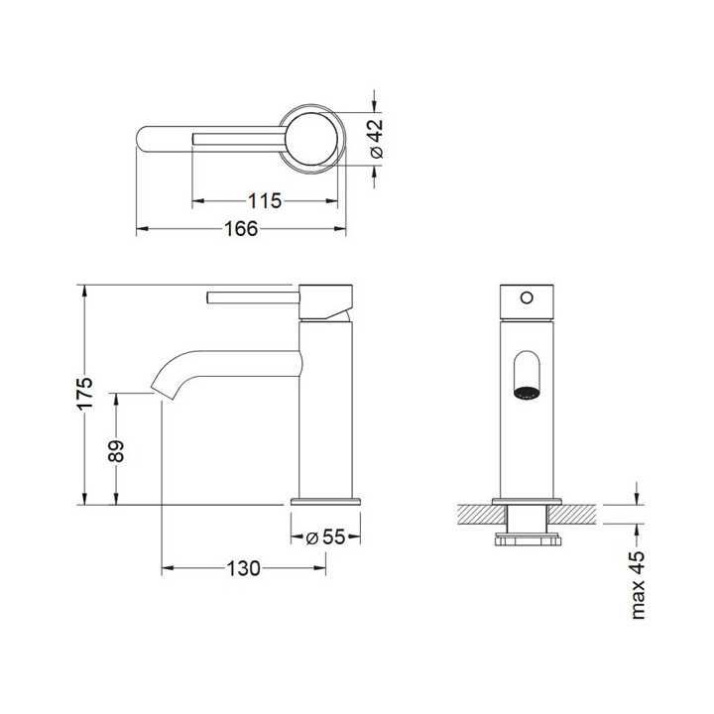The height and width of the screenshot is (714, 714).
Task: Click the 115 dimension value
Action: point(265,200)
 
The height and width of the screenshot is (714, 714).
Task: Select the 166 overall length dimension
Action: point(241,229)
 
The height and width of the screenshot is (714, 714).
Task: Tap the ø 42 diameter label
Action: point(377,139)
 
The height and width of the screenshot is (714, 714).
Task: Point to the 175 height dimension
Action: point(84,394)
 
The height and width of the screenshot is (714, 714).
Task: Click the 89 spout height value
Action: point(117,451)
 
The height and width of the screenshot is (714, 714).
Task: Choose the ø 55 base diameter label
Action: point(325,537)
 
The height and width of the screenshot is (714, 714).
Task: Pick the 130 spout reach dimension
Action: point(244,568)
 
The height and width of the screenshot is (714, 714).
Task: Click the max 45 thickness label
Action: point(638,585)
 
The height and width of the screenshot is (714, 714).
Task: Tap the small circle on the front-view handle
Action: point(527,297)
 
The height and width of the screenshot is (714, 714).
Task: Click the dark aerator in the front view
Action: point(527,392)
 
